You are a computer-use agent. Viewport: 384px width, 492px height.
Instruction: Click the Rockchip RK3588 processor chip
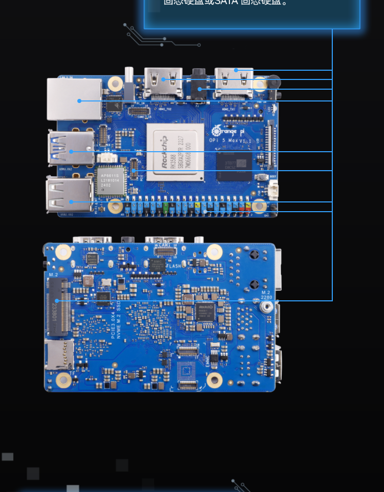pyautogui.click(x=175, y=152)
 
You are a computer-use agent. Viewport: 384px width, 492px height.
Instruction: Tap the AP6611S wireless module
pyautogui.click(x=111, y=181)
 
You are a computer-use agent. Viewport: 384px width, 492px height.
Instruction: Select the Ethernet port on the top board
pyautogui.click(x=75, y=99)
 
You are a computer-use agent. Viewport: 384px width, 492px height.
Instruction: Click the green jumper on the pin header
pyautogui.click(x=165, y=208)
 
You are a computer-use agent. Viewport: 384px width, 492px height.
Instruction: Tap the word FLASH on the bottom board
pyautogui.click(x=174, y=266)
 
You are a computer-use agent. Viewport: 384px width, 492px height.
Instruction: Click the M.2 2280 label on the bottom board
pyautogui.click(x=266, y=295)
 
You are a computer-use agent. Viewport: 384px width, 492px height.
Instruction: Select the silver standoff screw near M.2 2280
pyautogui.click(x=265, y=307)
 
